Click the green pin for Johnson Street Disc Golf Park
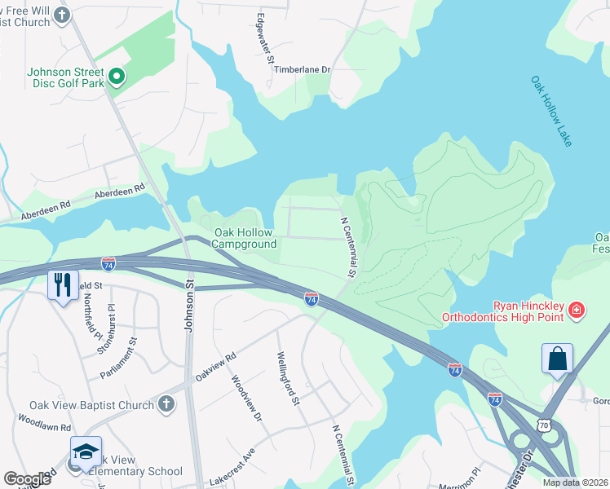[x=117, y=77]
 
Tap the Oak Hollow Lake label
[x=552, y=112]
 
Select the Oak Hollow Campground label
[x=245, y=238]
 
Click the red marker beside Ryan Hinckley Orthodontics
[x=576, y=309]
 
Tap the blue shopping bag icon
[x=557, y=359]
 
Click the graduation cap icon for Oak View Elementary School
[x=86, y=452]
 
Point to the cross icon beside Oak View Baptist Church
[x=166, y=404]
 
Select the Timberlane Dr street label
[x=302, y=70]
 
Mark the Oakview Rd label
[x=215, y=368]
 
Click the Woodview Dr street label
[x=246, y=399]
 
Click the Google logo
[x=28, y=479]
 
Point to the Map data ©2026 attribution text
[x=576, y=482]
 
